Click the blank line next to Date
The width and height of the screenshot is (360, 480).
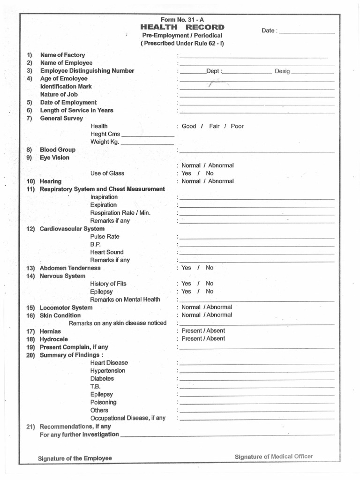click(x=307, y=33)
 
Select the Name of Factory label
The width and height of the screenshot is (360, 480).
click(x=62, y=55)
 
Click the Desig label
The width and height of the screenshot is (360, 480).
click(x=283, y=71)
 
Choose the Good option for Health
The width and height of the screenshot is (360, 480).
click(x=189, y=126)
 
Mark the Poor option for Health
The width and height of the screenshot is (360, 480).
click(x=237, y=126)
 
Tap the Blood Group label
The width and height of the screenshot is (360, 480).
click(x=58, y=150)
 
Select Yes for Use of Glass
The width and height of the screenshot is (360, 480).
click(x=186, y=173)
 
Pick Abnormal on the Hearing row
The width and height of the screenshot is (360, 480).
click(x=221, y=181)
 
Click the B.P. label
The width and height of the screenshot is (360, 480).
click(x=96, y=244)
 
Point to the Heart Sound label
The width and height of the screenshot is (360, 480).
click(x=107, y=252)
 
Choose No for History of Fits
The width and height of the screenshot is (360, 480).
click(x=210, y=284)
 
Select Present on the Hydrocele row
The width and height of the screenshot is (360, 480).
click(x=192, y=338)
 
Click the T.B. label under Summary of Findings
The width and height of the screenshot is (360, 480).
click(x=96, y=387)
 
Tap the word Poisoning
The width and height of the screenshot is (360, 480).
click(x=104, y=402)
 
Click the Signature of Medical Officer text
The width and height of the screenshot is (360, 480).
click(x=274, y=457)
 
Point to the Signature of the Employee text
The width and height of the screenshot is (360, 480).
click(x=75, y=458)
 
